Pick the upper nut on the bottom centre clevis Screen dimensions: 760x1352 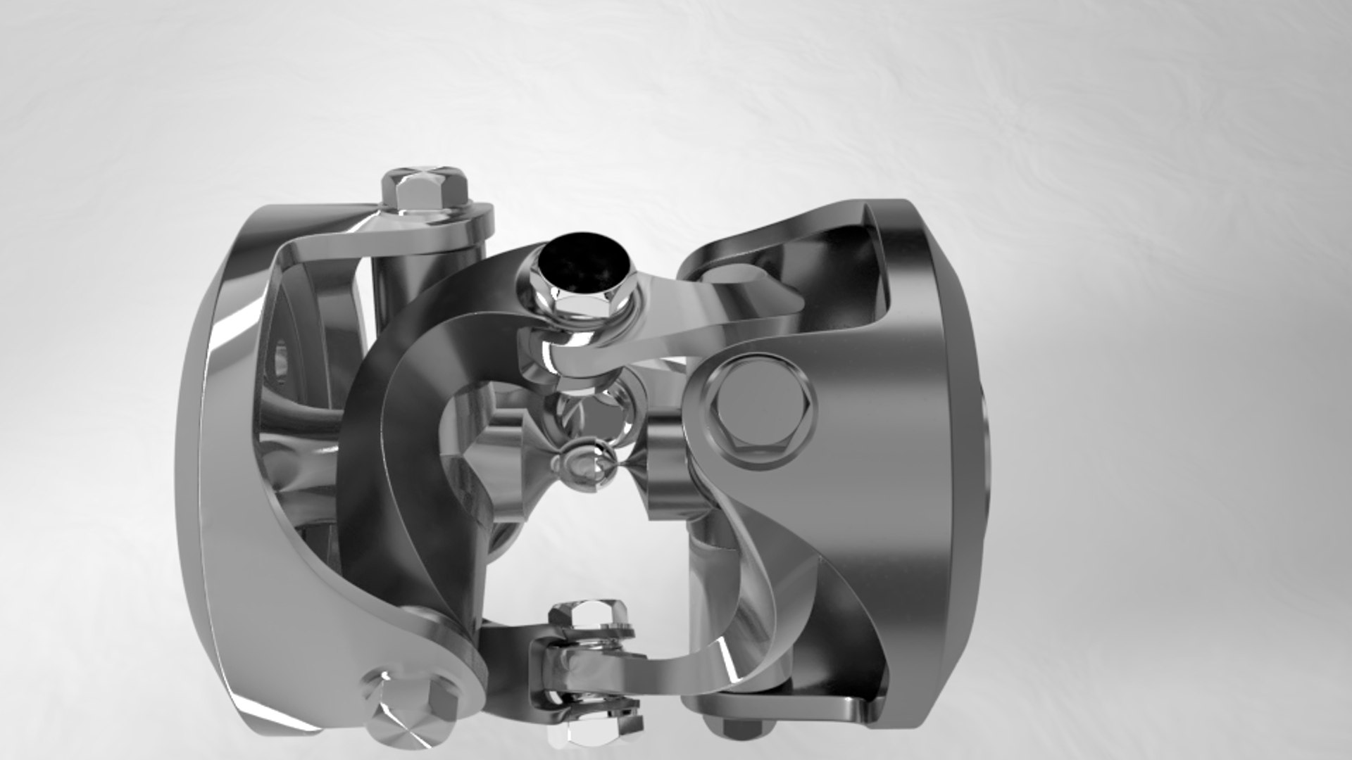click(x=590, y=619)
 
